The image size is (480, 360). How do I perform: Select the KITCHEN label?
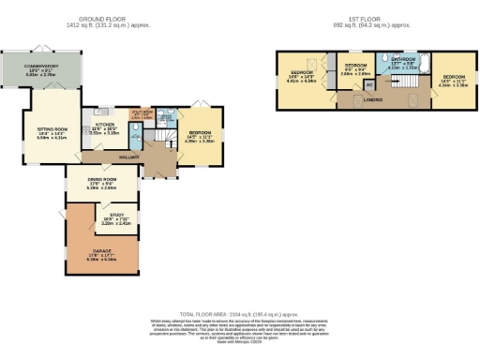pyautogui.click(x=104, y=124)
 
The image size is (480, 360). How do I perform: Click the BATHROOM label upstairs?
pyautogui.click(x=401, y=58)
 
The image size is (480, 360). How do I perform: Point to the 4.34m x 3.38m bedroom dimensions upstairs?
pyautogui.click(x=455, y=83)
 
